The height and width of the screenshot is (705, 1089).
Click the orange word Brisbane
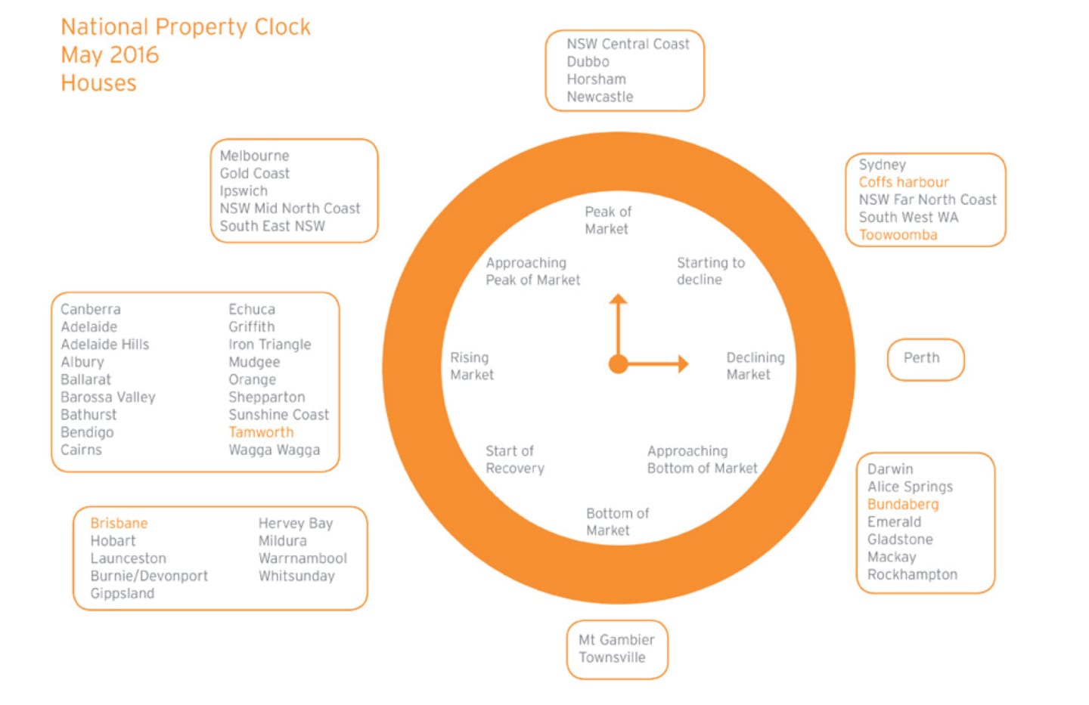pyautogui.click(x=119, y=524)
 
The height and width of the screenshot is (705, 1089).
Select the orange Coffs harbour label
pyautogui.click(x=904, y=182)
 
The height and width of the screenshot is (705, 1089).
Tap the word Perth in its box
pyautogui.click(x=921, y=357)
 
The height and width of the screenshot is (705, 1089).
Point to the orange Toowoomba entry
pyautogui.click(x=898, y=235)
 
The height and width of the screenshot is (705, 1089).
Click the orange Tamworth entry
pyautogui.click(x=261, y=432)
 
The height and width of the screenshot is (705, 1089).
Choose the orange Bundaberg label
pyautogui.click(x=903, y=504)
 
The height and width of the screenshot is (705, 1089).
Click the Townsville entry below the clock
pyautogui.click(x=612, y=657)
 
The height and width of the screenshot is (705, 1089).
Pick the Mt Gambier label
pyautogui.click(x=616, y=640)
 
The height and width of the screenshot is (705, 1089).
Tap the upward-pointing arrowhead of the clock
pyautogui.click(x=618, y=298)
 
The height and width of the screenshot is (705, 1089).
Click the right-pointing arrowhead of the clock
pyautogui.click(x=684, y=363)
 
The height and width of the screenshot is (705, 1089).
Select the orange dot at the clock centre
pyautogui.click(x=618, y=364)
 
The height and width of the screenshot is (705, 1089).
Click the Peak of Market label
pyautogui.click(x=608, y=220)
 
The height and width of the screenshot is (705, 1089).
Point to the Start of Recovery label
pyautogui.click(x=515, y=459)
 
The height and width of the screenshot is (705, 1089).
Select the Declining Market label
pyautogui.click(x=755, y=366)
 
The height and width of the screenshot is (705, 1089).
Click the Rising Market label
pyautogui.click(x=472, y=366)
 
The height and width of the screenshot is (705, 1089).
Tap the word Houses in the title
pyautogui.click(x=98, y=82)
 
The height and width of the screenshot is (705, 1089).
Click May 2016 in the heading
pyautogui.click(x=110, y=54)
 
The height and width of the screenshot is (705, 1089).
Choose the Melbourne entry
pyautogui.click(x=254, y=156)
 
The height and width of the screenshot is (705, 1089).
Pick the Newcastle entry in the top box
pyautogui.click(x=600, y=97)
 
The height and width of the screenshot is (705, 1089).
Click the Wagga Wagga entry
pyautogui.click(x=275, y=450)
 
